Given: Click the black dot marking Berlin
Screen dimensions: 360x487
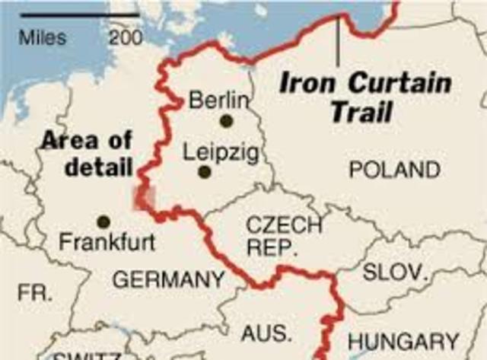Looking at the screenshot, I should coord(226,120).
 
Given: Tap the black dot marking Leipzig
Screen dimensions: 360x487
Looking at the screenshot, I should coord(204,172).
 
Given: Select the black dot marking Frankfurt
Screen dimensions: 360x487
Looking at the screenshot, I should coord(103,221).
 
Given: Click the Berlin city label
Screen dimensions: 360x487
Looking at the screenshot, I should coord(218,100).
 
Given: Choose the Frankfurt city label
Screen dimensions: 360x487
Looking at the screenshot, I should coord(107,244).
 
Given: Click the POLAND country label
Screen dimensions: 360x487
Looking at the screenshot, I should coord(394,170).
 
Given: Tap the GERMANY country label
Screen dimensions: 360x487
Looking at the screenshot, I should coord(168,279).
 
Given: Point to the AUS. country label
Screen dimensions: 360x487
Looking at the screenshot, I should coord(266,333).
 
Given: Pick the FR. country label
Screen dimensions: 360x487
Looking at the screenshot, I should coord(35,292).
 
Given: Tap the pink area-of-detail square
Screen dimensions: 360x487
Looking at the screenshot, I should coord(142,196).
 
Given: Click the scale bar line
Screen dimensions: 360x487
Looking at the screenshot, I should coord(80,14).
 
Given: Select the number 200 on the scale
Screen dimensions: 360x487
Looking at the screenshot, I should coord(126,37).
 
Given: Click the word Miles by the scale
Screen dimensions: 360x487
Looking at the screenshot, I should coord(43,37).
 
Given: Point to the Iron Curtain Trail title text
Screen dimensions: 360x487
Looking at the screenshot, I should coord(364,97).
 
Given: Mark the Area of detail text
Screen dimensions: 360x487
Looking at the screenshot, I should coord(87,154).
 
